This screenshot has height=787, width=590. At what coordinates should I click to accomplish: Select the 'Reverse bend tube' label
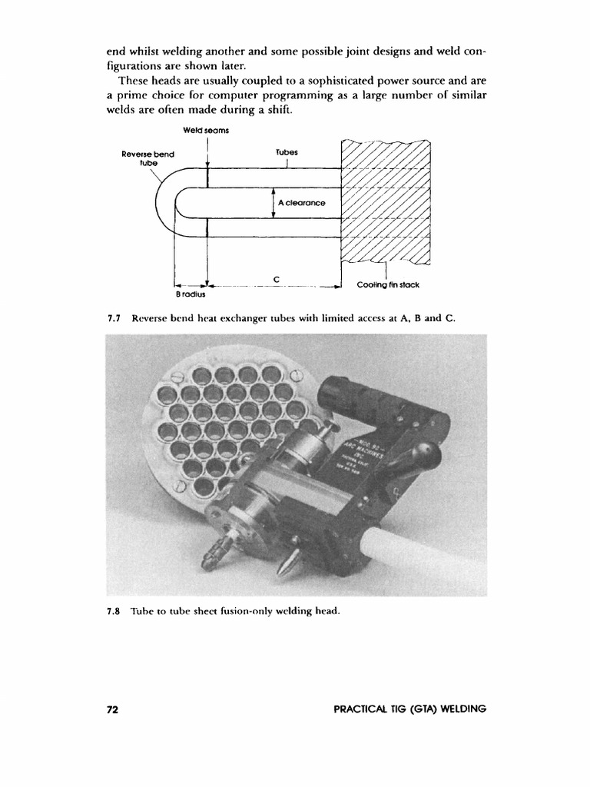coord(148,158)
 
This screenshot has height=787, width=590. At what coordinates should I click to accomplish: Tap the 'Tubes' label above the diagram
coord(285,152)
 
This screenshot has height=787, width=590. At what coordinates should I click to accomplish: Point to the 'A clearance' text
coord(302,203)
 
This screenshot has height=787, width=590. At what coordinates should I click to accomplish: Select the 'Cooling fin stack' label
coord(388,285)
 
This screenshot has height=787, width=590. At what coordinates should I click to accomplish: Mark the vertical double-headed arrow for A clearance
coord(274,203)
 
